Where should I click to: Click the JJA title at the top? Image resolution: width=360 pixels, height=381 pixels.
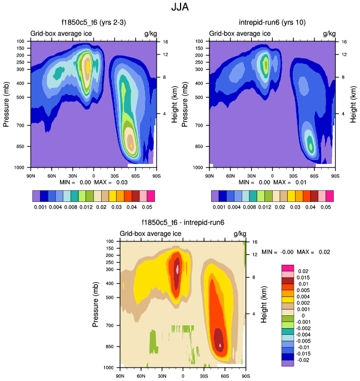[180, 9]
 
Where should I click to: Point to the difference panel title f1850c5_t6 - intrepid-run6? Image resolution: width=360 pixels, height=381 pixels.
[182, 223]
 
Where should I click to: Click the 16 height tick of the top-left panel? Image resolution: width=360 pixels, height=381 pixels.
[165, 42]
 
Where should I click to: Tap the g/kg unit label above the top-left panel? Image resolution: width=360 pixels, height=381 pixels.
[150, 34]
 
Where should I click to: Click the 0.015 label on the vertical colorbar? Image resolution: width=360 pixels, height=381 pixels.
[304, 278]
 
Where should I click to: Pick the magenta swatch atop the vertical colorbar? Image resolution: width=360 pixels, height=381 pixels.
[288, 267]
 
